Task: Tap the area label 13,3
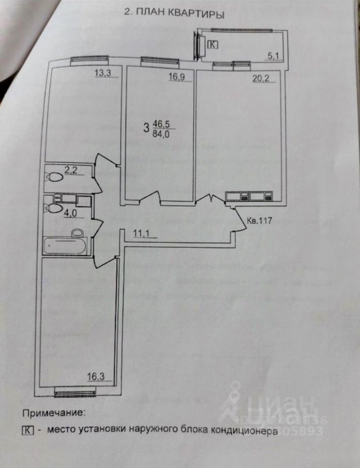pos(102,74)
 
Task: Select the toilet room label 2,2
pos(71,171)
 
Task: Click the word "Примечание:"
pos(53,413)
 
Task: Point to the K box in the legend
pos(28,430)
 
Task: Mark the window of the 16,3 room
pos(72,390)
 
